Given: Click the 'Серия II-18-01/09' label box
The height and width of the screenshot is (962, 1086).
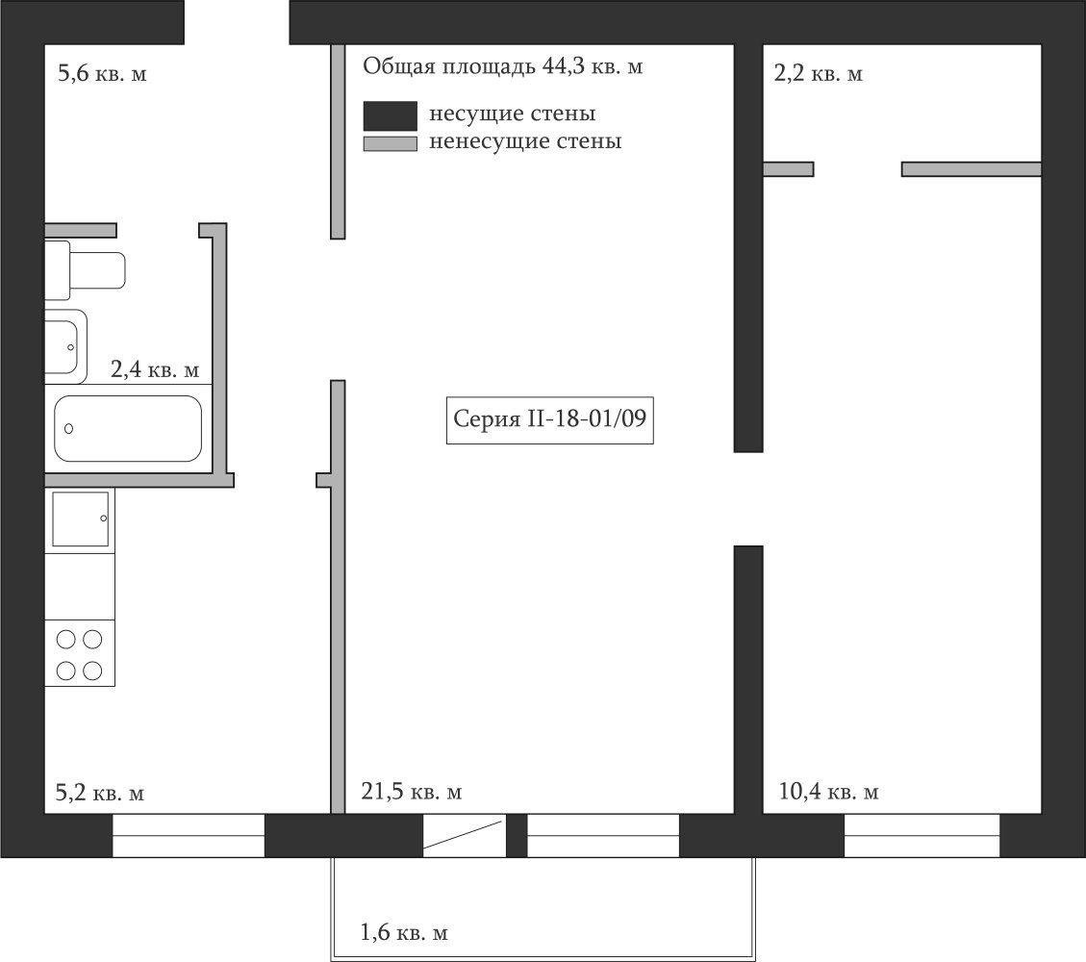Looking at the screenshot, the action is [550, 419].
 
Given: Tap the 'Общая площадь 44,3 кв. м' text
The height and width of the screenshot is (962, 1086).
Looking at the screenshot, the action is [503, 66].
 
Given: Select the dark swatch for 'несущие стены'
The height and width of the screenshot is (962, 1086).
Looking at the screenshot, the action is [391, 115].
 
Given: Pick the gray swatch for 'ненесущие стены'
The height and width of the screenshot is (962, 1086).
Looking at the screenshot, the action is [391, 143].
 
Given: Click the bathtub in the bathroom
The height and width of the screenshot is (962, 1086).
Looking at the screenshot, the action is [128, 429].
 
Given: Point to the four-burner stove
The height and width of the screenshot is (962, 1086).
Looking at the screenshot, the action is [80, 653].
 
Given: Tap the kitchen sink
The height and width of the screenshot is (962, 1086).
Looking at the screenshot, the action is [81, 519].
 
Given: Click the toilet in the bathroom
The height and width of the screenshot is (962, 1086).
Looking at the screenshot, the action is [85, 270].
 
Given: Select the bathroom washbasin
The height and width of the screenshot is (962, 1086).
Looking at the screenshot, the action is [65, 346].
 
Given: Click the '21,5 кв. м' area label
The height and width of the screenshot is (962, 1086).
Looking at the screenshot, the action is [412, 791].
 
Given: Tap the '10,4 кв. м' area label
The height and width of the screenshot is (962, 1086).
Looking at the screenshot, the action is [828, 791].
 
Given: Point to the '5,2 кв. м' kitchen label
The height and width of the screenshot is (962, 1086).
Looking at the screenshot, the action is [100, 793].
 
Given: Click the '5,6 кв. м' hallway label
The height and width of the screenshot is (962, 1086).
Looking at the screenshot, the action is [102, 73].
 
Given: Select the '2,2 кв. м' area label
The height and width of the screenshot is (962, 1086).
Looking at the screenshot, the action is [818, 73].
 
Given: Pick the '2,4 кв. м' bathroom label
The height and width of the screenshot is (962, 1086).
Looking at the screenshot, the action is [155, 369].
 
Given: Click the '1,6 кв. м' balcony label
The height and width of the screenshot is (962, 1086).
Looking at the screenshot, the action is [404, 932].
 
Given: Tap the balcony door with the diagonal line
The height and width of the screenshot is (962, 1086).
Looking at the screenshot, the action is [465, 835].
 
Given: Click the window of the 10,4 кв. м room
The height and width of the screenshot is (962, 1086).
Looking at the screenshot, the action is [922, 835].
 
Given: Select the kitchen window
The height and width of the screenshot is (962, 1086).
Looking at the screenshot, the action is [189, 835].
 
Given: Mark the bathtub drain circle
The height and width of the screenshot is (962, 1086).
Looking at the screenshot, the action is [68, 429].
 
